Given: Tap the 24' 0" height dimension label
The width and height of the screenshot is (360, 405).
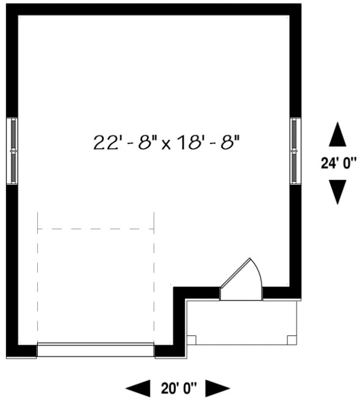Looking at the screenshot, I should coord(337,163).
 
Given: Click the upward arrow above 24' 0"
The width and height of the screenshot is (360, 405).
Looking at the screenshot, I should coord(337,135).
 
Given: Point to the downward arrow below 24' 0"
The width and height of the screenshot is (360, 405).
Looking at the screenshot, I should coord(337,191).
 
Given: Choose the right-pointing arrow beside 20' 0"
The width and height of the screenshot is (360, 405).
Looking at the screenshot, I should coord(217,388).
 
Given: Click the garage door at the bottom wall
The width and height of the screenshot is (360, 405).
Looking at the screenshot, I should coord(95,349).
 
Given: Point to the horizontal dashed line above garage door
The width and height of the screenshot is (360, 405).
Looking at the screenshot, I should coord(95,229).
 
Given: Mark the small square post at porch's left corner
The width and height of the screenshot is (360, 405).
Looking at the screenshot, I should coord(191,339).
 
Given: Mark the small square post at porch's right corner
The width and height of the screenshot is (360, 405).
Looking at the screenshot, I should coord(292,339).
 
